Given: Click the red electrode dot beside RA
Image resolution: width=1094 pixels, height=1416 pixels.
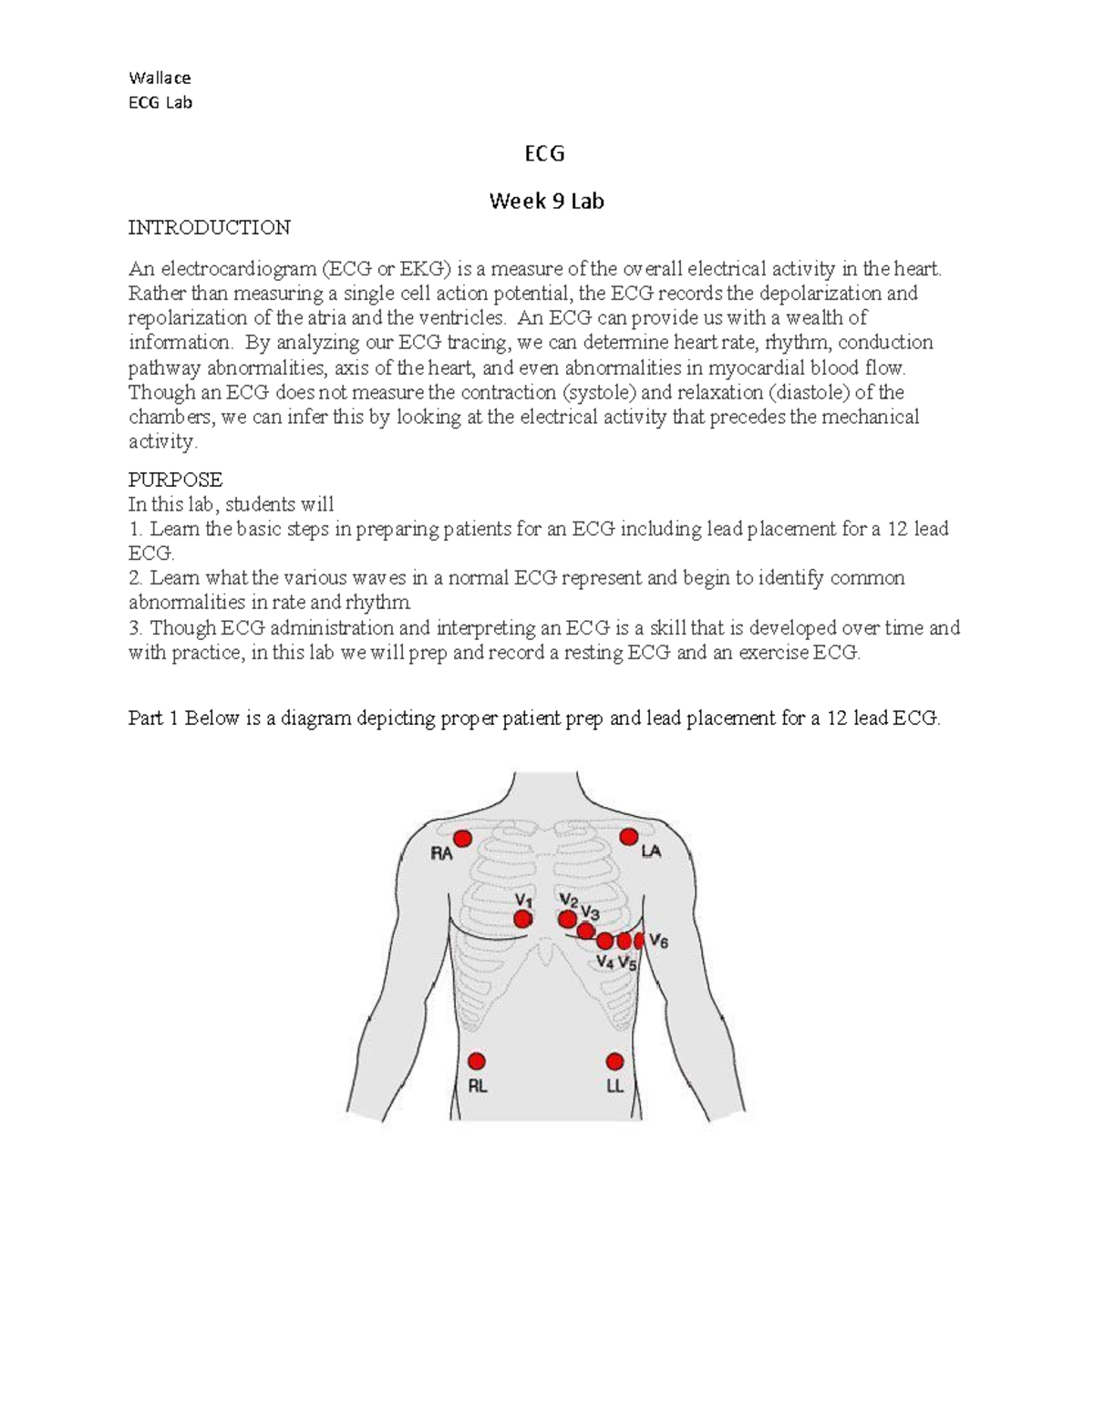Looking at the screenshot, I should pos(462,839).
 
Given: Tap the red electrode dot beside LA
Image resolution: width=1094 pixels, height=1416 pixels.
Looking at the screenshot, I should pos(628,837).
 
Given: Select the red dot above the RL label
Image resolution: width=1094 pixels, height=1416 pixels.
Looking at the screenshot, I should pos(476,1061).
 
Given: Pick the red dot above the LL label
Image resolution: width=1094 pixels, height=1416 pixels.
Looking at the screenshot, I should pos(615,1061).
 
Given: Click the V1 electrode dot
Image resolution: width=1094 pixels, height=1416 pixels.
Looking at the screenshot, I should pos(522,920).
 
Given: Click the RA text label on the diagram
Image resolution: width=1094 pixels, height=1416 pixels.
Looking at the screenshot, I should pos(441,854).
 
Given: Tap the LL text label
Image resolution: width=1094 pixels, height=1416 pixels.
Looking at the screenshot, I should pos(615,1087).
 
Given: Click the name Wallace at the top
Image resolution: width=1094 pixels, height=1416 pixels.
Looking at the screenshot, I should pos(160,78).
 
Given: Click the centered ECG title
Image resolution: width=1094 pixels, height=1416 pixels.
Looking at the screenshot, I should pos(545,154).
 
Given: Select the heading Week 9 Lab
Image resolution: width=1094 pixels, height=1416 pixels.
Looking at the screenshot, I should pos(546,202).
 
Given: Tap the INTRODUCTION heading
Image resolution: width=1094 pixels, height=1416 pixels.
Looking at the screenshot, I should pos(209,227).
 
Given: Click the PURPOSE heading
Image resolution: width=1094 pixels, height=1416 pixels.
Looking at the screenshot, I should pos(175,480).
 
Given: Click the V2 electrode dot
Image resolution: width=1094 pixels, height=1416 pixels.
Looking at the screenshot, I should pos(568,919).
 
